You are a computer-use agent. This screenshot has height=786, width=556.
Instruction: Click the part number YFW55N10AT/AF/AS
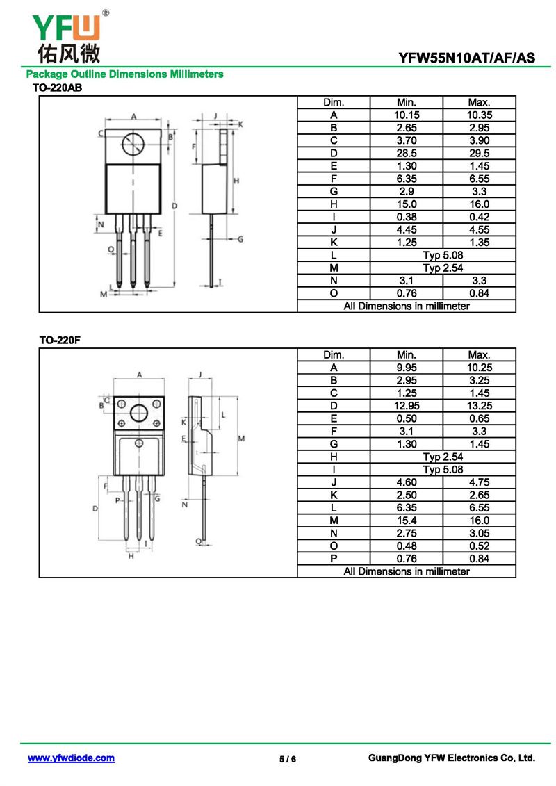[x=467, y=58]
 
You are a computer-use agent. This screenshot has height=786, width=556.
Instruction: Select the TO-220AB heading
[x=57, y=88]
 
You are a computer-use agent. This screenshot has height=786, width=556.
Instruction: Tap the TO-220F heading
[x=60, y=341]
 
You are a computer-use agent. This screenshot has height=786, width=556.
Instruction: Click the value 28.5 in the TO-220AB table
[x=407, y=154]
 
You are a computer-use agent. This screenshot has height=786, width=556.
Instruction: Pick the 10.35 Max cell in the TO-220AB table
[x=480, y=115]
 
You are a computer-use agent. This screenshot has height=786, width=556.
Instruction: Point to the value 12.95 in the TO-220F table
[x=407, y=406]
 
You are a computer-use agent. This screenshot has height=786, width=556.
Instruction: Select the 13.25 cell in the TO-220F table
[x=480, y=406]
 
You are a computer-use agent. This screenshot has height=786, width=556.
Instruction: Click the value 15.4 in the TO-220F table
[x=407, y=521]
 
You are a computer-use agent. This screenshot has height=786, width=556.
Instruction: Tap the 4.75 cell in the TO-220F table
[x=480, y=482]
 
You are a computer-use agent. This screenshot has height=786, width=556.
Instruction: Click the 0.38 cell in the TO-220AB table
[x=407, y=217]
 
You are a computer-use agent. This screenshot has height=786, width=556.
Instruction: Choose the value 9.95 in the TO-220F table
[x=407, y=368]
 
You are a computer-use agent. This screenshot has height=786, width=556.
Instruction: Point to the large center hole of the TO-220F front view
[x=139, y=413]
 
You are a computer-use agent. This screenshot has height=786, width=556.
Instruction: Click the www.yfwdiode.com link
[x=71, y=758]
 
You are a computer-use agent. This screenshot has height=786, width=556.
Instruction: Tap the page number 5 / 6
[x=288, y=759]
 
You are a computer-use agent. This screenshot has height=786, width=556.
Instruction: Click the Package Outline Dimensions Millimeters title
[x=125, y=74]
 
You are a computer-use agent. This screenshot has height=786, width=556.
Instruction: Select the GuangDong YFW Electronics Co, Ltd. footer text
[x=452, y=758]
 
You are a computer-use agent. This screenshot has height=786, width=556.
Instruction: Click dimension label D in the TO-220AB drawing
[x=174, y=206]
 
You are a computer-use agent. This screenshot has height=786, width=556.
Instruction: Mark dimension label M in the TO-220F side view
[x=241, y=439]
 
